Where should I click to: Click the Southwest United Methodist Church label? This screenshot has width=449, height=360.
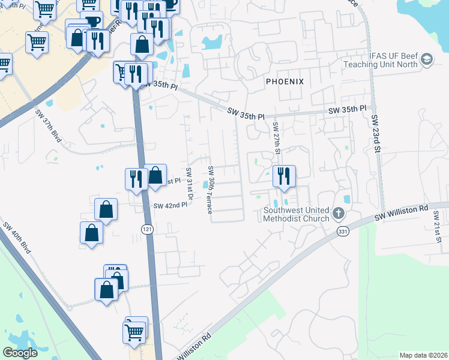click(297, 214)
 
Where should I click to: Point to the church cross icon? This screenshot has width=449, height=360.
click(338, 213)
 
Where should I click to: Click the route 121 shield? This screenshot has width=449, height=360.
click(146, 229)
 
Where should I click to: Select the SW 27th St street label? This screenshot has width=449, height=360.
click(276, 138)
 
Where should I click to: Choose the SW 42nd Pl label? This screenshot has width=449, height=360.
click(171, 206)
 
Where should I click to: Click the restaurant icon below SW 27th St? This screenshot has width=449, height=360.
click(283, 176)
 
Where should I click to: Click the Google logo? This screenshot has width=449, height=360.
click(21, 353)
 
